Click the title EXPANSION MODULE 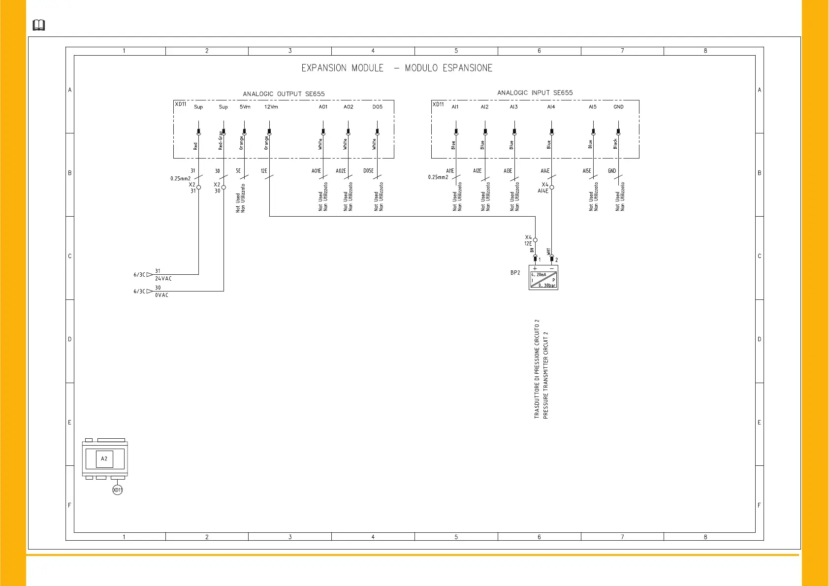pos(342,68)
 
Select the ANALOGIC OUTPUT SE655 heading pos(284,94)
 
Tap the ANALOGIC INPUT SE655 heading pos(535,93)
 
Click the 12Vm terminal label pos(271,107)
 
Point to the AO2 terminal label pos(348,107)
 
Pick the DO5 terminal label pos(377,107)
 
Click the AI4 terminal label pos(551,107)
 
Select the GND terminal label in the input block pos(618,107)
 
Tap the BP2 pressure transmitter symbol pos(543,278)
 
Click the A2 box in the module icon pos(104,459)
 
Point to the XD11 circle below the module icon pos(117,490)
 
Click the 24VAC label pos(163,279)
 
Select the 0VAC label pos(162,295)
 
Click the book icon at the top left pos(39,25)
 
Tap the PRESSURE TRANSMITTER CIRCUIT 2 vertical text pos(545,375)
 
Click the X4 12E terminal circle pos(535,240)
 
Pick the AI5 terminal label pos(592,107)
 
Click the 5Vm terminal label pos(245,107)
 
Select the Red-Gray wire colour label pos(221,140)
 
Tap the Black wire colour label pos(615,143)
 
